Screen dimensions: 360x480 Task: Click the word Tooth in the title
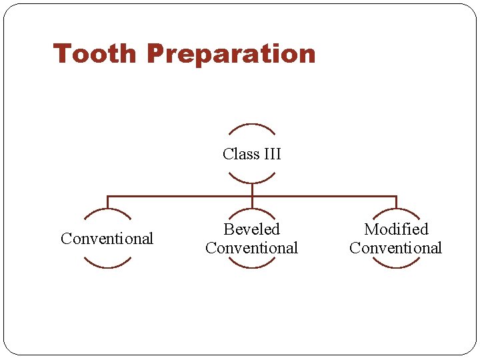95,54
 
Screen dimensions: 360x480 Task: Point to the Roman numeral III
272,154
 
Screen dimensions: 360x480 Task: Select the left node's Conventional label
107,239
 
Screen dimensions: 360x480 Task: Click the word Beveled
251,229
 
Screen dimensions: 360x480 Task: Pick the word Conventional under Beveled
251,248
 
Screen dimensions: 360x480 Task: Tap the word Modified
396,229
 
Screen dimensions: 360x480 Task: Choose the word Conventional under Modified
395,248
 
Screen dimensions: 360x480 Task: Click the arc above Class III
251,125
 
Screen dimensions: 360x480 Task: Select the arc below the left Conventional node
107,267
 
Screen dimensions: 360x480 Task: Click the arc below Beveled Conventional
251,267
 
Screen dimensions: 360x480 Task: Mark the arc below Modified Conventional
396,267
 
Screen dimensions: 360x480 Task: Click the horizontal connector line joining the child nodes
180,196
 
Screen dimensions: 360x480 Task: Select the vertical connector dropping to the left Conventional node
107,203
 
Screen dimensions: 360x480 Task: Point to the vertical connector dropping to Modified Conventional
396,203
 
